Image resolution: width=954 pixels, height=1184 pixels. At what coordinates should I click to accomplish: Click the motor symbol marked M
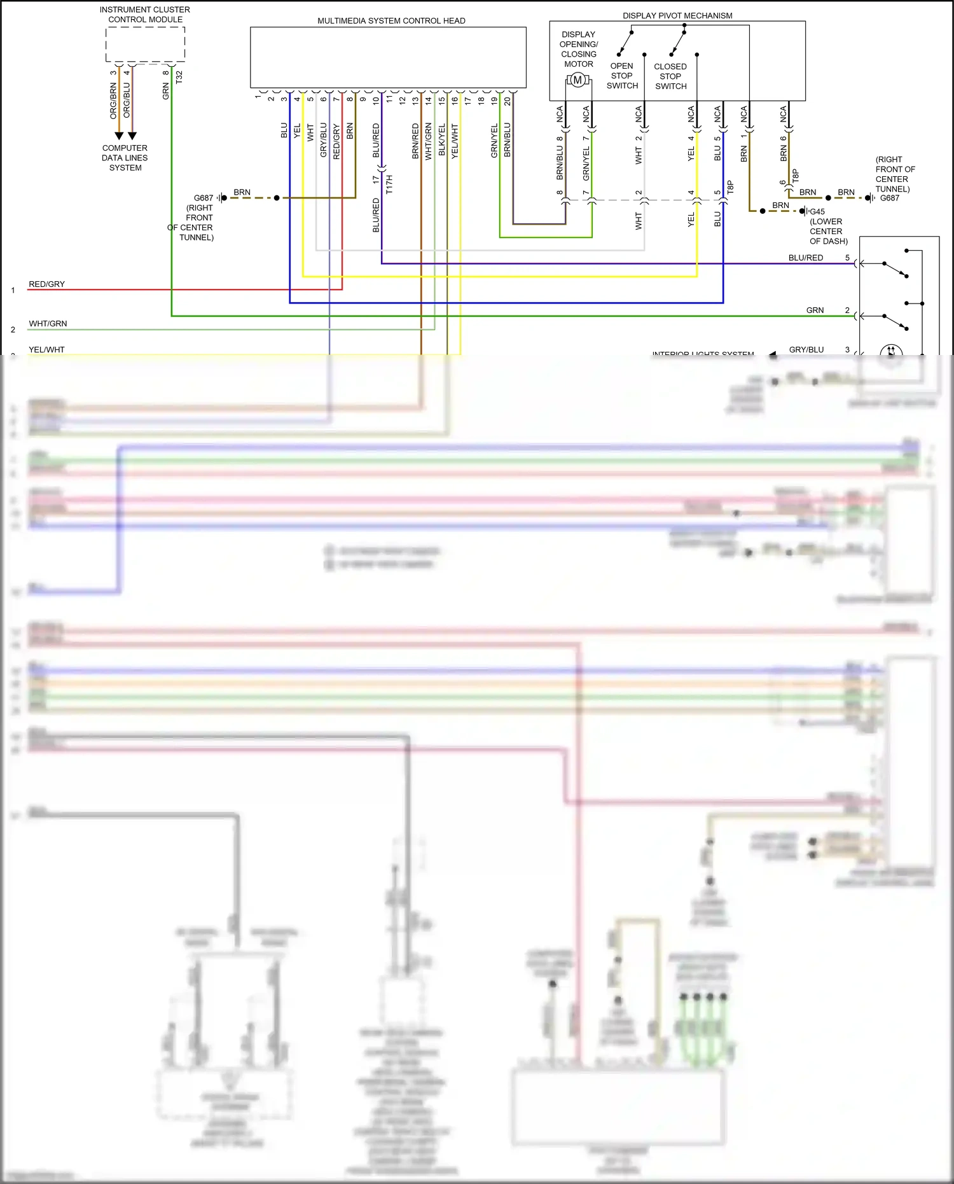pyautogui.click(x=577, y=80)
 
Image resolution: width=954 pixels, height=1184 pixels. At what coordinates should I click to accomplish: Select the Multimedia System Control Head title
pyautogui.click(x=391, y=21)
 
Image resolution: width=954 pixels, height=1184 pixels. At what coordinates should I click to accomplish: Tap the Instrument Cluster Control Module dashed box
pyautogui.click(x=145, y=45)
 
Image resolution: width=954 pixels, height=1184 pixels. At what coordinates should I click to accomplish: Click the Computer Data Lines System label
pyautogui.click(x=125, y=158)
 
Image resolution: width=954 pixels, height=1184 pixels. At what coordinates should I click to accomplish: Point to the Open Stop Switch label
pyautogui.click(x=622, y=76)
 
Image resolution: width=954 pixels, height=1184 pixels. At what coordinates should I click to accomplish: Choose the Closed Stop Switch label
pyautogui.click(x=670, y=76)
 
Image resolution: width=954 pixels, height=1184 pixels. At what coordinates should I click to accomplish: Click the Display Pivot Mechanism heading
pyautogui.click(x=677, y=15)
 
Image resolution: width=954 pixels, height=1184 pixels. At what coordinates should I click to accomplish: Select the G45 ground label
pyautogui.click(x=817, y=212)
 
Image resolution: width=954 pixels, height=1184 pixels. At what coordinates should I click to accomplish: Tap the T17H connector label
pyautogui.click(x=389, y=185)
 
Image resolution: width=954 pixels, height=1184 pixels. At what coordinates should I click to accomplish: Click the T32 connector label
pyautogui.click(x=179, y=77)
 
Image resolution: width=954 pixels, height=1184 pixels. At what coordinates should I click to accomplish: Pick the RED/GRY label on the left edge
pyautogui.click(x=46, y=284)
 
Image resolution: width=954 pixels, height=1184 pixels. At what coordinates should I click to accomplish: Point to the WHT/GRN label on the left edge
pyautogui.click(x=48, y=324)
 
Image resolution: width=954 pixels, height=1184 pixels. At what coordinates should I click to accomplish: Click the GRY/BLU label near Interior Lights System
pyautogui.click(x=806, y=350)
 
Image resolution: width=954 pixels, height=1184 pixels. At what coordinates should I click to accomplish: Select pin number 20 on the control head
pyautogui.click(x=508, y=101)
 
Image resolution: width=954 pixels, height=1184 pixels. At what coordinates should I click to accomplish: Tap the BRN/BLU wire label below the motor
pyautogui.click(x=560, y=163)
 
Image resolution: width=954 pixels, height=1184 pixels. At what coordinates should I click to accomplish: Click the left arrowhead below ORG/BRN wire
pyautogui.click(x=119, y=136)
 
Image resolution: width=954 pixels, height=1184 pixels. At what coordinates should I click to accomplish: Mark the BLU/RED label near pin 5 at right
pyautogui.click(x=805, y=258)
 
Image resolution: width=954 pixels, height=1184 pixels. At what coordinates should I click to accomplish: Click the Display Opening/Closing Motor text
pyautogui.click(x=578, y=49)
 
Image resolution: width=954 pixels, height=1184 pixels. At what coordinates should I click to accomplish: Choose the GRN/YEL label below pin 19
pyautogui.click(x=494, y=141)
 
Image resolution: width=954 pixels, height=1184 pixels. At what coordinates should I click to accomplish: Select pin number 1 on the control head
pyautogui.click(x=258, y=97)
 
